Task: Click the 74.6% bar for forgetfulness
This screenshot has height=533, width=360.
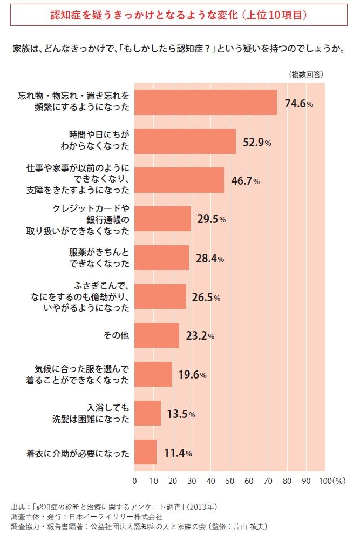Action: pos(205,102)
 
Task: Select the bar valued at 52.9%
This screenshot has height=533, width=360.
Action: pos(185,141)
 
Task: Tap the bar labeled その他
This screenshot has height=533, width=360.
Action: pos(157,335)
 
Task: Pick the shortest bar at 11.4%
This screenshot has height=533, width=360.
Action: pos(145,452)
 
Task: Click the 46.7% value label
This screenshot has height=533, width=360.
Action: pos(245,181)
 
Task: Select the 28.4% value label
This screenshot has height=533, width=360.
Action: pos(209,259)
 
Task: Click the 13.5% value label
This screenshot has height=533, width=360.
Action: pos(181,414)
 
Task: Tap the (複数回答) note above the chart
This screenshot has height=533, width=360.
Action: pos(306,74)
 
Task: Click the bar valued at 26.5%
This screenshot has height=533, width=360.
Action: pos(160,296)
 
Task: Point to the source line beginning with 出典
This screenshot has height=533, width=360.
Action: pos(114,507)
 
